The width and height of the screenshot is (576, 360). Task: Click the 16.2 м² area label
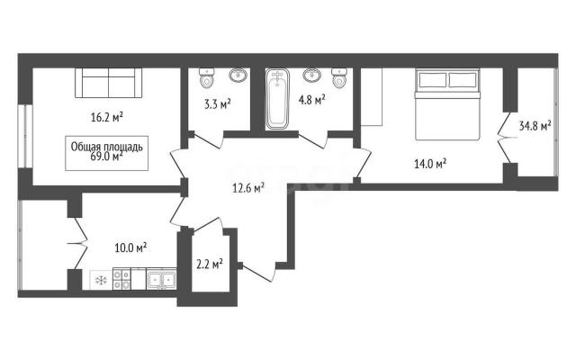pyautogui.click(x=106, y=118)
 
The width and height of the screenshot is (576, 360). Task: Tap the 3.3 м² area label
pyautogui.click(x=218, y=104)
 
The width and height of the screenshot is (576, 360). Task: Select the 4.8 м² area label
pyautogui.click(x=312, y=99)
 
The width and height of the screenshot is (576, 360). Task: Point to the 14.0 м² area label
pyautogui.click(x=430, y=164)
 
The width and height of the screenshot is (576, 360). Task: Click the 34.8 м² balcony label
pyautogui.click(x=535, y=126)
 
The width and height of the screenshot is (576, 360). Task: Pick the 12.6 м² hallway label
pyautogui.click(x=248, y=188)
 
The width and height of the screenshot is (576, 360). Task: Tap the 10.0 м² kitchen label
pyautogui.click(x=130, y=247)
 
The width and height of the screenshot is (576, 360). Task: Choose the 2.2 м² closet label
pyautogui.click(x=210, y=265)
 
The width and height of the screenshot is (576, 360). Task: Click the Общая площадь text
pyautogui.click(x=106, y=147)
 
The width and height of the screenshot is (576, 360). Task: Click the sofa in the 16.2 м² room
pyautogui.click(x=109, y=83)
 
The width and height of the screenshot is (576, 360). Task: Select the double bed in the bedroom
pyautogui.click(x=447, y=104)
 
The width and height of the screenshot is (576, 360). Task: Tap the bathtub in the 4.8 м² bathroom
pyautogui.click(x=278, y=99)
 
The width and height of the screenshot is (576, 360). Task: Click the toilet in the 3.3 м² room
pyautogui.click(x=207, y=78)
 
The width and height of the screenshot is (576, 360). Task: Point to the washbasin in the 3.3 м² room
pyautogui.click(x=238, y=76)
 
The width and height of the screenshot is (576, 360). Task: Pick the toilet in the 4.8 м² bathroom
pyautogui.click(x=338, y=78)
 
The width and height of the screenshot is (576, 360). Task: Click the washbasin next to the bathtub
pyautogui.click(x=312, y=76)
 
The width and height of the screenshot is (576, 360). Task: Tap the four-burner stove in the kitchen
pyautogui.click(x=121, y=279)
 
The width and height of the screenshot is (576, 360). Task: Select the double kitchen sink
pyautogui.click(x=161, y=279)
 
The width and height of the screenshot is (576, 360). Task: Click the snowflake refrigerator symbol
pyautogui.click(x=101, y=280)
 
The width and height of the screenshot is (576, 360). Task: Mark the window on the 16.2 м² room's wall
pyautogui.click(x=25, y=136)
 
